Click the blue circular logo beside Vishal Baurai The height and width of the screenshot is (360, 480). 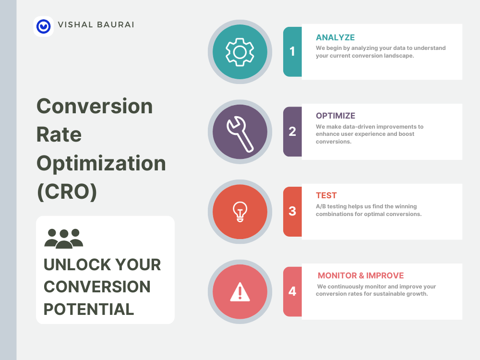click(x=44, y=26)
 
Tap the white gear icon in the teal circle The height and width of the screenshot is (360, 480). click(x=240, y=52)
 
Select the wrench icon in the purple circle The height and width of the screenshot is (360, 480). click(x=240, y=134)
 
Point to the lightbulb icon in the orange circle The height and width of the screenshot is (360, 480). click(x=240, y=212)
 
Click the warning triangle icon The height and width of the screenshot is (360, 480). click(x=240, y=292)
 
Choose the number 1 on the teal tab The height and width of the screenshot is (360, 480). click(x=292, y=51)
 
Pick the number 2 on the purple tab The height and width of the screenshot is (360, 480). click(x=292, y=132)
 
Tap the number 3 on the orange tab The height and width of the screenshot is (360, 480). click(x=292, y=211)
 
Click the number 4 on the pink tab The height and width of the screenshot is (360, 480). click(x=292, y=291)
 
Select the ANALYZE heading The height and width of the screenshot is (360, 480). click(x=335, y=37)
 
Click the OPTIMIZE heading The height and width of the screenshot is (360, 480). click(x=336, y=116)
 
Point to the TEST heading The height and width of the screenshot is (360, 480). click(x=326, y=196)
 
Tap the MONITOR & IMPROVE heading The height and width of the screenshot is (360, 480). click(x=360, y=276)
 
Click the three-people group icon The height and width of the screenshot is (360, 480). click(x=64, y=239)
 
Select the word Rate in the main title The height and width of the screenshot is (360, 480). click(x=59, y=135)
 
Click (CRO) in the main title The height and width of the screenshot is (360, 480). click(x=67, y=192)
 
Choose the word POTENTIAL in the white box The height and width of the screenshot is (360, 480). click(x=89, y=309)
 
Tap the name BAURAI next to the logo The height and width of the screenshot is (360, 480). click(x=115, y=25)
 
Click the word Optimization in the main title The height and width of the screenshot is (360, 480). click(x=101, y=164)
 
